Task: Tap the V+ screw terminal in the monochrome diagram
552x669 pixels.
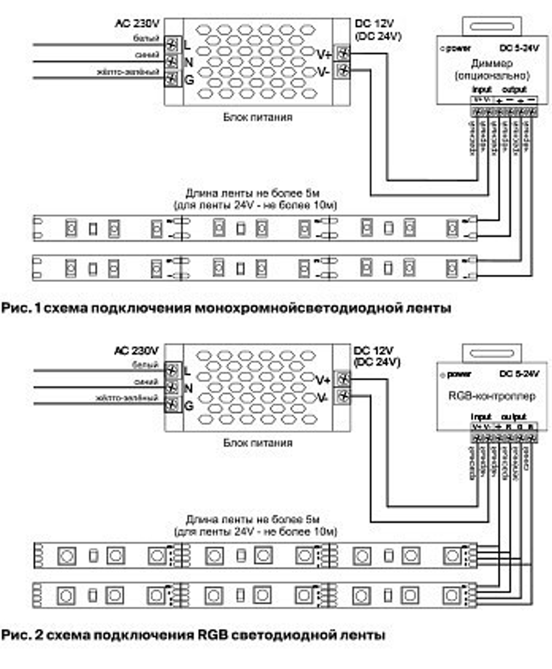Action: click(x=343, y=54)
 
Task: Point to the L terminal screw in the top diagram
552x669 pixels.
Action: click(x=173, y=44)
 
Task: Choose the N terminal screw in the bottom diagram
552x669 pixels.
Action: click(x=173, y=387)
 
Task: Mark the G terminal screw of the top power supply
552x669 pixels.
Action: click(x=173, y=79)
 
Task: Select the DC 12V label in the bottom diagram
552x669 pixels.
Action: click(x=375, y=351)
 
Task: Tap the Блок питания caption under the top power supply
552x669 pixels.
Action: click(x=258, y=117)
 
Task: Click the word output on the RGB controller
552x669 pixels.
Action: click(x=513, y=416)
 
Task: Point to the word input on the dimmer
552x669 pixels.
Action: click(x=481, y=90)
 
